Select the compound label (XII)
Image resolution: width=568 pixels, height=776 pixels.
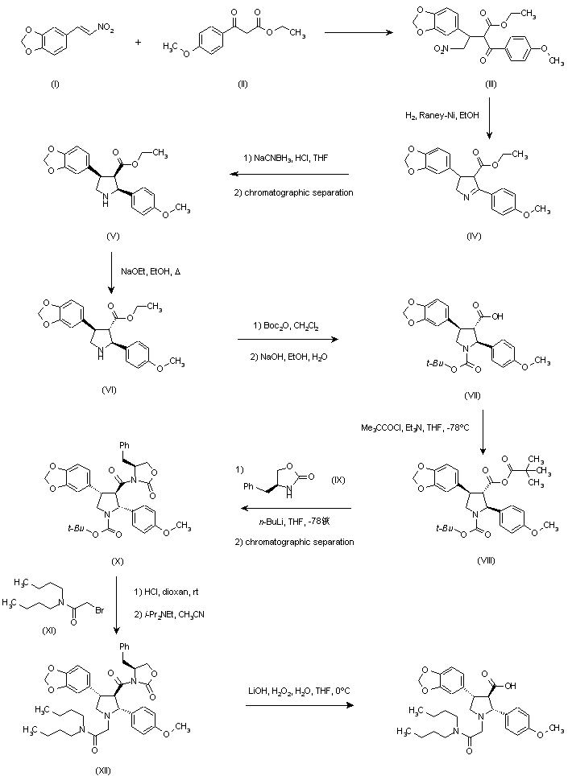point(104,770)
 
